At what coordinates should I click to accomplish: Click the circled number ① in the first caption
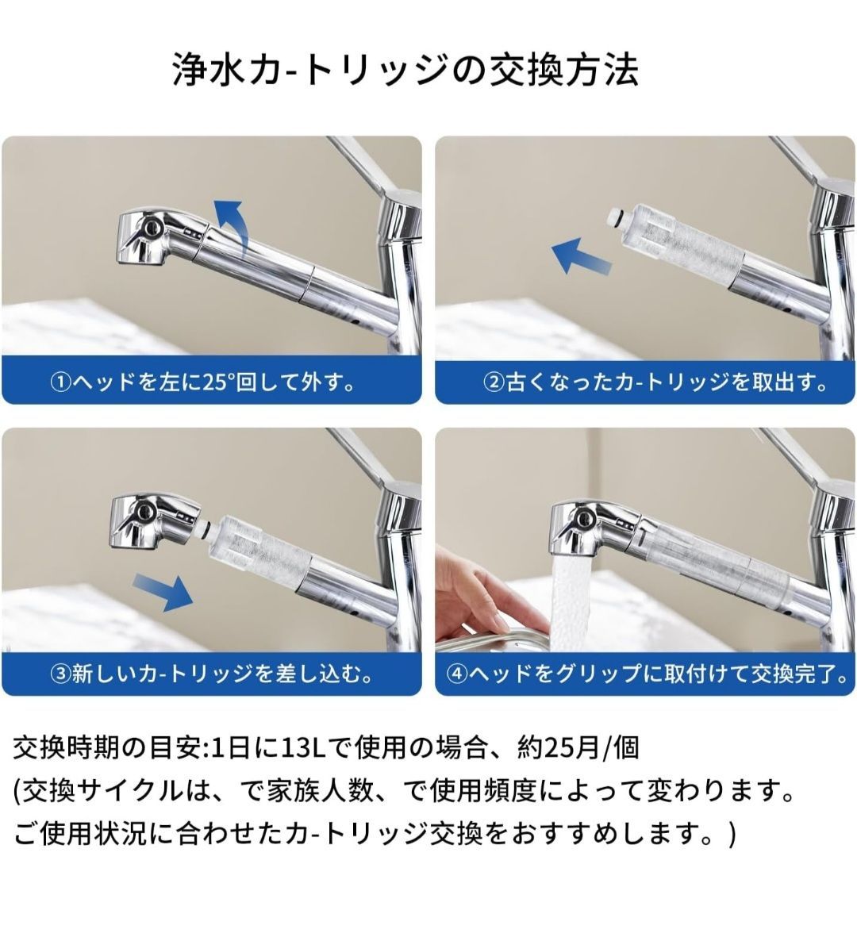click(60, 382)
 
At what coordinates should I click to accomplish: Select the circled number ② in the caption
click(494, 382)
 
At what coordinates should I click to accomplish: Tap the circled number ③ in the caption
click(60, 674)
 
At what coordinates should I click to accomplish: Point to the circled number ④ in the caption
click(456, 674)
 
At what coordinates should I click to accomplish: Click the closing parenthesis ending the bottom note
click(732, 834)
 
